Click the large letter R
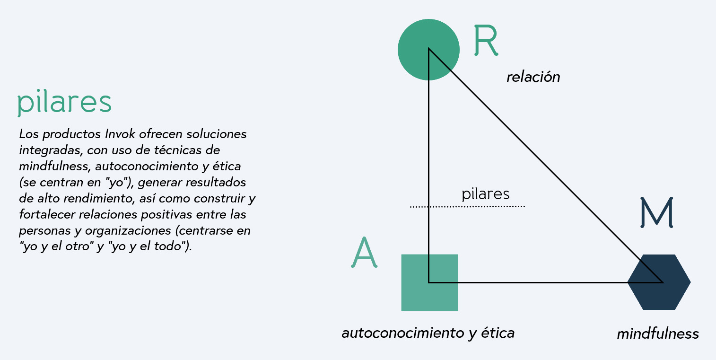pyautogui.click(x=485, y=41)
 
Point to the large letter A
pyautogui.click(x=364, y=253)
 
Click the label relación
pyautogui.click(x=533, y=77)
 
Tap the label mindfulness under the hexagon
pyautogui.click(x=657, y=334)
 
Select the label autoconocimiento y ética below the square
pyautogui.click(x=428, y=333)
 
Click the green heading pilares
pyautogui.click(x=64, y=102)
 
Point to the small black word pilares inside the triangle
pyautogui.click(x=485, y=194)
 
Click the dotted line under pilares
pyautogui.click(x=467, y=207)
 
